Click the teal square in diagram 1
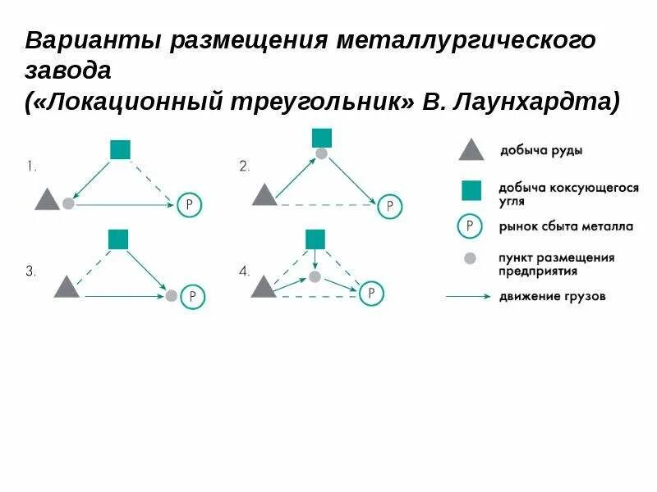[x=120, y=149]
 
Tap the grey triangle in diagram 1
[x=47, y=200]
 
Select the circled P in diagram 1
[x=189, y=204]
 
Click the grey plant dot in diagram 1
[x=68, y=203]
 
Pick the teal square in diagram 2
[x=322, y=137]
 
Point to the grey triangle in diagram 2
[x=264, y=196]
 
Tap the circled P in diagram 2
[x=390, y=206]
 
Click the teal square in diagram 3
[x=118, y=239]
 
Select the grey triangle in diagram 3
[x=67, y=288]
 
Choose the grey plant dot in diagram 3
[x=171, y=295]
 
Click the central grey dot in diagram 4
[x=315, y=277]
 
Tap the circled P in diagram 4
[x=372, y=293]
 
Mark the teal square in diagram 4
[x=315, y=239]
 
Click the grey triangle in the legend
[x=470, y=150]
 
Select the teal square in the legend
[x=471, y=191]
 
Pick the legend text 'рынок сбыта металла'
[x=553, y=226]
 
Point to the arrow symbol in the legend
[x=468, y=296]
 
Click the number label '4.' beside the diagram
[x=244, y=271]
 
